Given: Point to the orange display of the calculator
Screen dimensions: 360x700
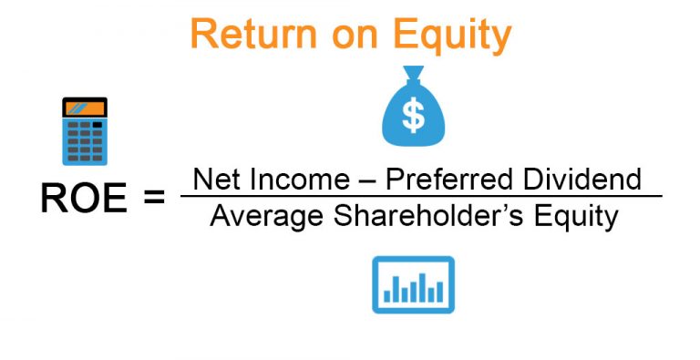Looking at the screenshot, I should point(84,109).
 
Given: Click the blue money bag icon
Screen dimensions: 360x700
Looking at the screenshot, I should point(415,113).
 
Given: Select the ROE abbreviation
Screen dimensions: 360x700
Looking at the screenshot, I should point(82,198).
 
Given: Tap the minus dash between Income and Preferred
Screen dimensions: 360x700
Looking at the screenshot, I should point(367,180).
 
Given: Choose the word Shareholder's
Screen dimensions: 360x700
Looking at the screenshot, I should point(426,216).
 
